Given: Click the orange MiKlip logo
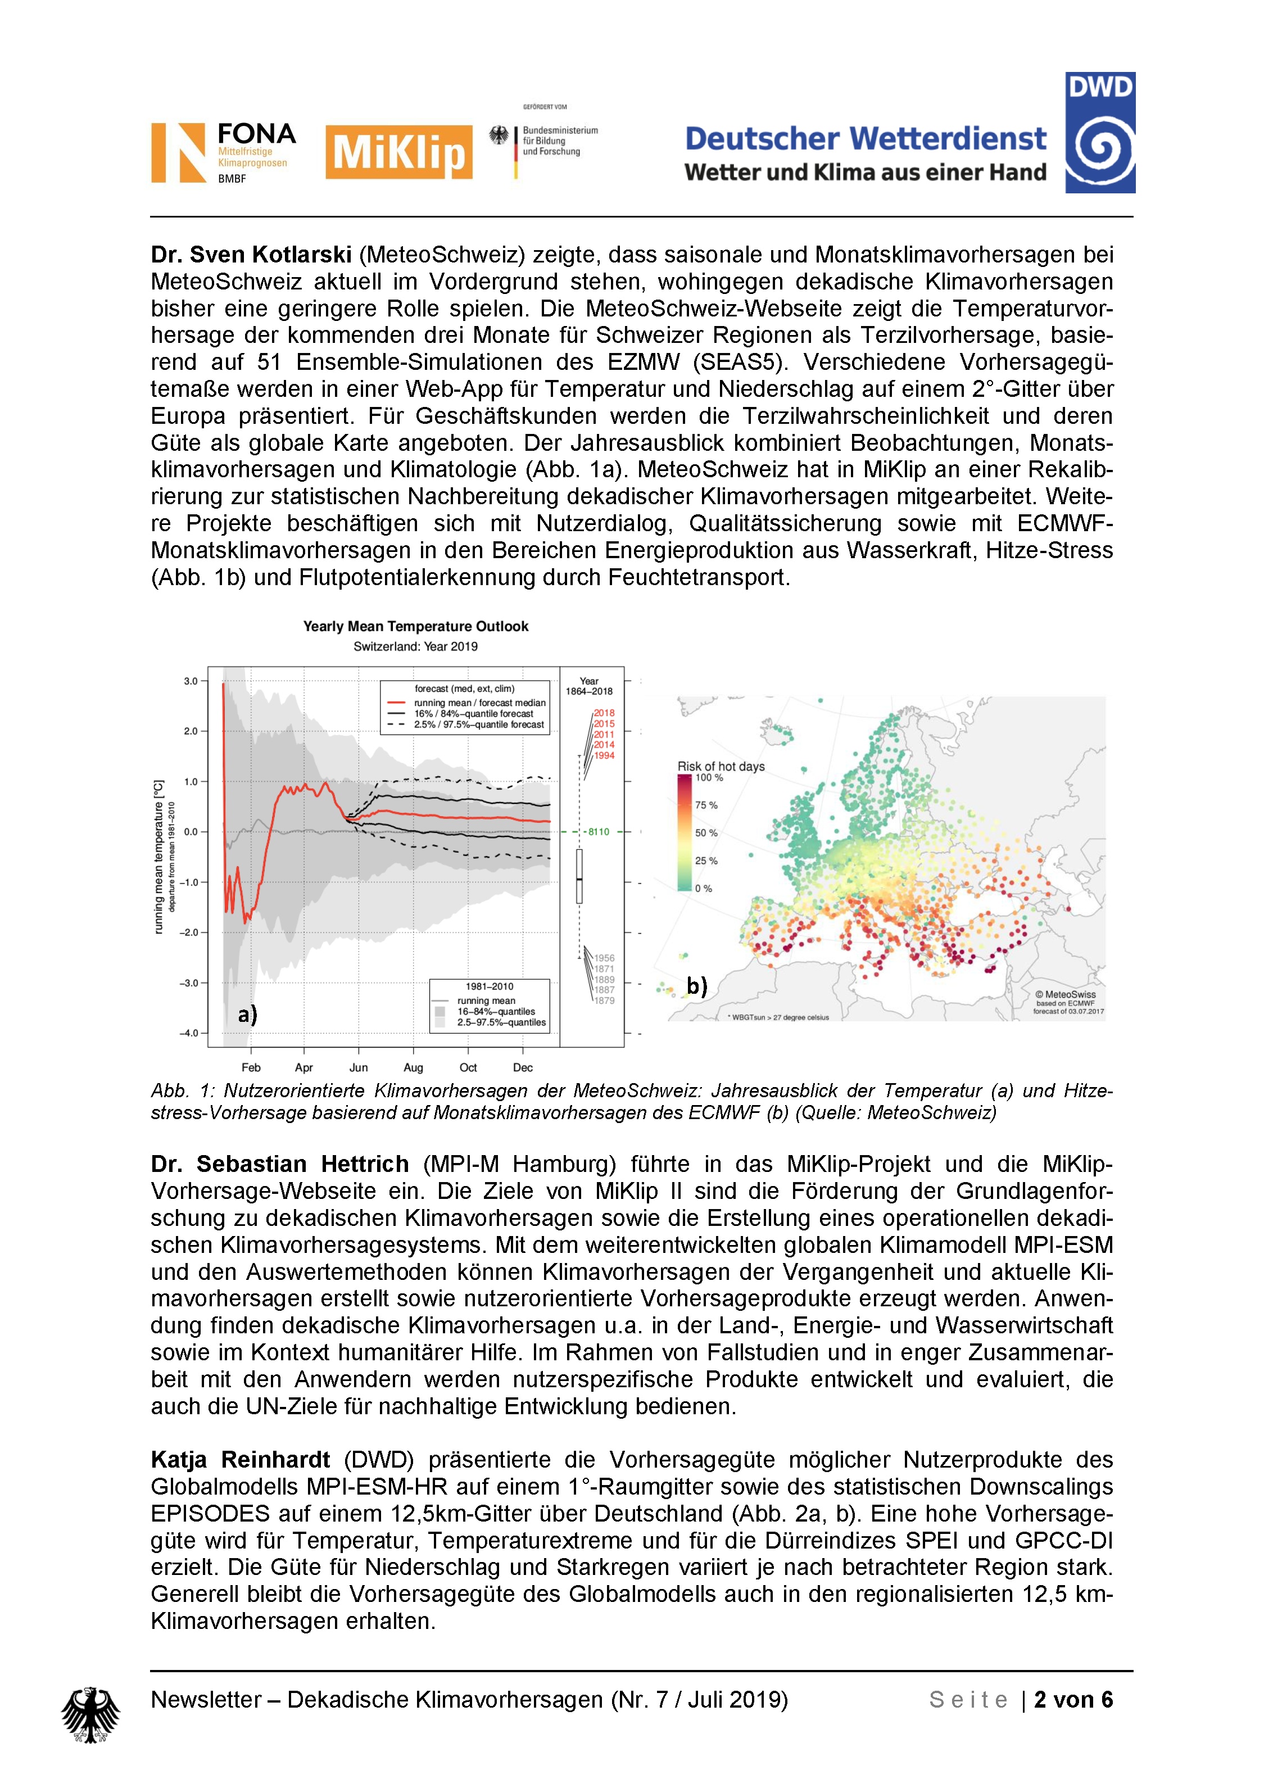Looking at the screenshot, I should (398, 152).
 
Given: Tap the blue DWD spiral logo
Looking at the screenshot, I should (1100, 133).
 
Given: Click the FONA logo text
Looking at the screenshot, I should (256, 134).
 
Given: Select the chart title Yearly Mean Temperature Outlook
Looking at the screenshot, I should (415, 626).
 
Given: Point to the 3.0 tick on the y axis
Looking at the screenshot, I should (191, 681).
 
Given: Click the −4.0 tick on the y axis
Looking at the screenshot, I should (189, 1033).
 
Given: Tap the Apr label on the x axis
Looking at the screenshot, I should (303, 1067).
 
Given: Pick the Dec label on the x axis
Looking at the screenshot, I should (523, 1067).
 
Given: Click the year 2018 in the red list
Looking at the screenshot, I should (604, 713).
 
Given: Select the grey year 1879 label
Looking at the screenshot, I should (604, 1001).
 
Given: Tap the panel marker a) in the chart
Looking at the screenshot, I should (248, 1014).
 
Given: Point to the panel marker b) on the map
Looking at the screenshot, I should (696, 986).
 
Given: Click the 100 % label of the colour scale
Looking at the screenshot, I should (709, 777).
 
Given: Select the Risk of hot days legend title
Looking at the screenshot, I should (721, 766).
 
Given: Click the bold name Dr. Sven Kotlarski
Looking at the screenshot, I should (251, 255).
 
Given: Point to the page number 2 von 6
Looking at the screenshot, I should (1073, 1699).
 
